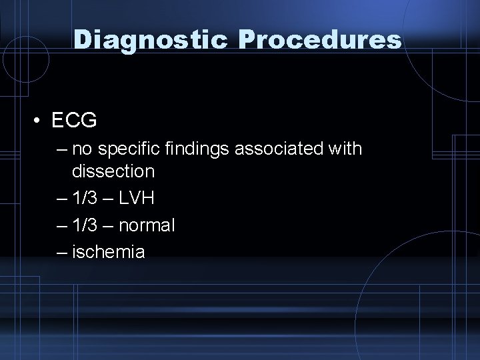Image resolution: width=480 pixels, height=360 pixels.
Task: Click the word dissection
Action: pos(113,171)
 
